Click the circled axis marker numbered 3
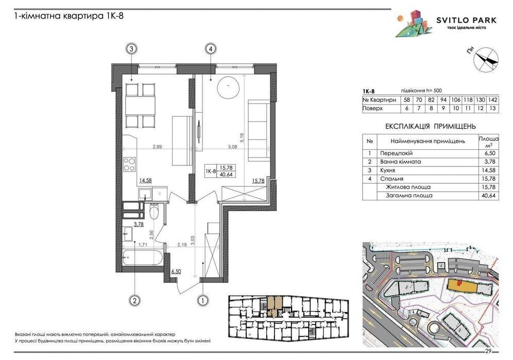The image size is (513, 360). [131, 49]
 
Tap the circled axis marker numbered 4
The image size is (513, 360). [211, 49]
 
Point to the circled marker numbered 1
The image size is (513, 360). [203, 300]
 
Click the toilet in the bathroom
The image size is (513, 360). [154, 211]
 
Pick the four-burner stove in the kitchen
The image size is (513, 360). [129, 164]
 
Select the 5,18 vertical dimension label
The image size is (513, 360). [242, 137]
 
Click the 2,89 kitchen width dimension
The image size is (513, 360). [157, 147]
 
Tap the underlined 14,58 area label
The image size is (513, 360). [146, 180]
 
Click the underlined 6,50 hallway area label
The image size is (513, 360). [176, 271]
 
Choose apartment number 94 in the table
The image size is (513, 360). [443, 100]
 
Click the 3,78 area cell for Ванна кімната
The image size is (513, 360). [490, 162]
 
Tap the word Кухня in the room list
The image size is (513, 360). [388, 170]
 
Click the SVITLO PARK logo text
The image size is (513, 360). [466, 20]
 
